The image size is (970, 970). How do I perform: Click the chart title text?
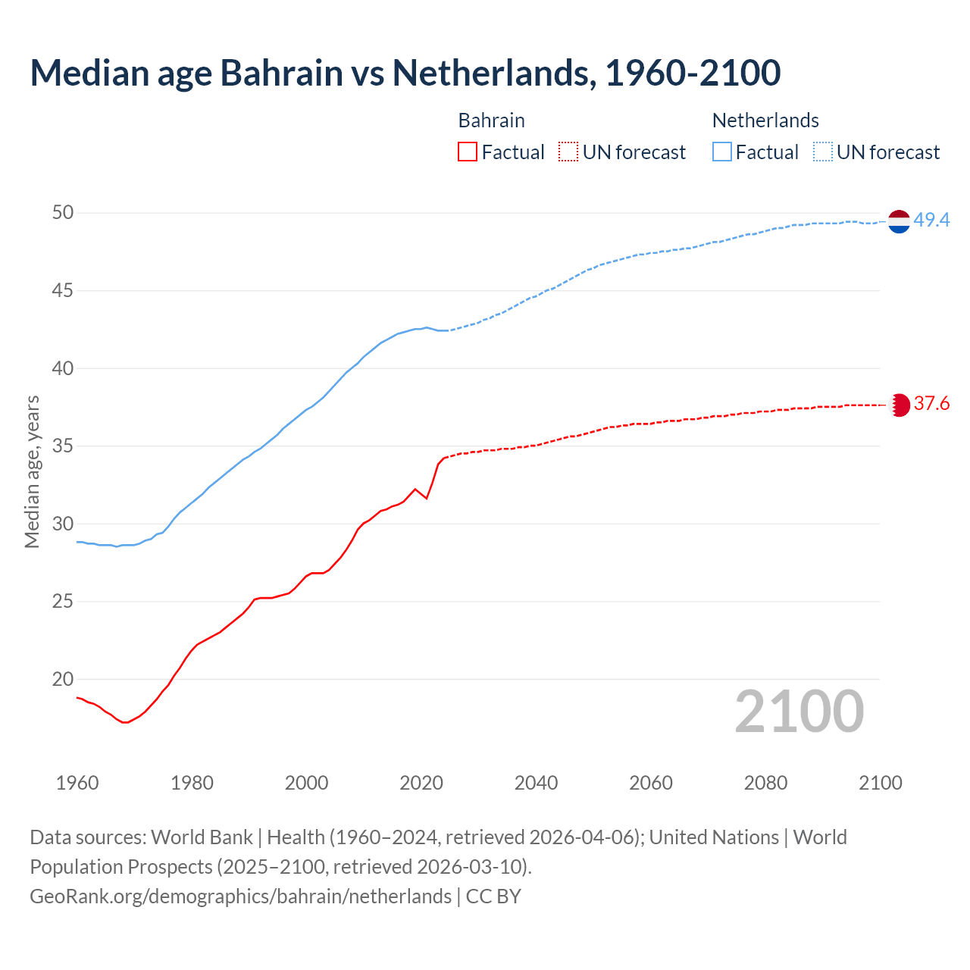(x=405, y=73)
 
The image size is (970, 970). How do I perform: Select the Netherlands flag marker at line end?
(x=899, y=221)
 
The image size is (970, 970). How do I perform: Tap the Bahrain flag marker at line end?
(x=899, y=405)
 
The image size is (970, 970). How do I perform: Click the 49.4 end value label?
(x=931, y=221)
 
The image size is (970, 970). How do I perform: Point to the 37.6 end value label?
(x=931, y=404)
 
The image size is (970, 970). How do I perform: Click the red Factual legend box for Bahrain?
(x=468, y=152)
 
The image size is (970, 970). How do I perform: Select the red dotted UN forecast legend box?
(x=568, y=152)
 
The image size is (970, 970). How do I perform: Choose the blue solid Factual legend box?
(x=722, y=152)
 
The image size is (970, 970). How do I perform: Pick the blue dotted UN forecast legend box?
(x=823, y=152)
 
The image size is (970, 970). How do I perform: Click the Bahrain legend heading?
(x=491, y=120)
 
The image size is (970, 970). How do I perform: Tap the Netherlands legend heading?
(x=765, y=120)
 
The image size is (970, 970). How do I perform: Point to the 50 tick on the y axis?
(x=63, y=213)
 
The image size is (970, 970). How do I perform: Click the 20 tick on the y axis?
(x=63, y=680)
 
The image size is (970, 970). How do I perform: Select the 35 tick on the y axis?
(x=63, y=446)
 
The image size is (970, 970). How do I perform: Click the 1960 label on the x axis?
(x=77, y=783)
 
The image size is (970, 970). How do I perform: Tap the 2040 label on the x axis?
(x=536, y=783)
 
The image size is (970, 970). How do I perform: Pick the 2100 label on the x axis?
(x=881, y=783)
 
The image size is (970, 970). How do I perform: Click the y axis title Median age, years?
(x=32, y=471)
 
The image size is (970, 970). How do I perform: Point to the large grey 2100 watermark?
(x=799, y=712)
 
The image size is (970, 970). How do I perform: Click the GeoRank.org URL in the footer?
(x=240, y=896)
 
